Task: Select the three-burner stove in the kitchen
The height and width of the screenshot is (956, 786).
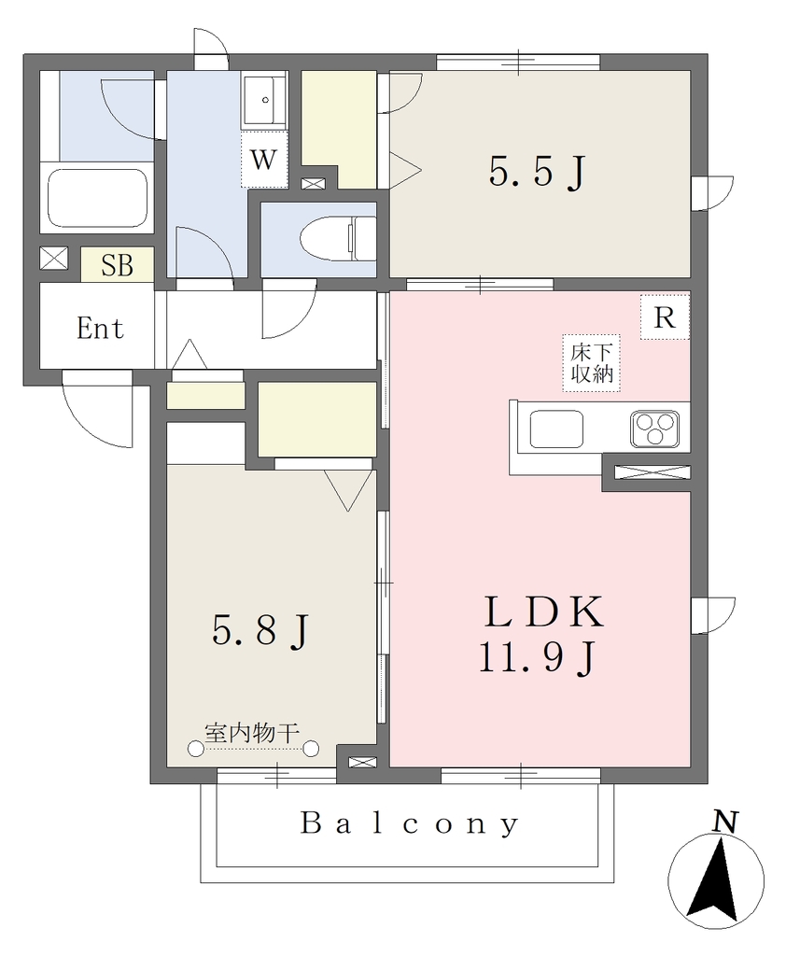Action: (655, 427)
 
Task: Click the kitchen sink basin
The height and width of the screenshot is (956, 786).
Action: (556, 429)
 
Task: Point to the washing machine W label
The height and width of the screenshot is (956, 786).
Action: (263, 160)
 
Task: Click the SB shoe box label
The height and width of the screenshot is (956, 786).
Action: (117, 265)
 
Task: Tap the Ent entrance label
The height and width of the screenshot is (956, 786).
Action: (100, 329)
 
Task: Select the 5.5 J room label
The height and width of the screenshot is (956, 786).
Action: (537, 172)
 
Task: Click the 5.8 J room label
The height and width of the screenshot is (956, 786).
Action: (260, 630)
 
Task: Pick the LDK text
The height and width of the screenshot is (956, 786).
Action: (544, 612)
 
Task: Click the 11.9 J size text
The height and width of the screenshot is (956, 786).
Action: (536, 657)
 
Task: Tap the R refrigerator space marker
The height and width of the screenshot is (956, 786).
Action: (665, 317)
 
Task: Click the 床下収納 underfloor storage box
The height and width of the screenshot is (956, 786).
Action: (592, 363)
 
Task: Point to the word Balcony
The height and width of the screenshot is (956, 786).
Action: (409, 824)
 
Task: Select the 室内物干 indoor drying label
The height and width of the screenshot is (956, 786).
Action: (251, 733)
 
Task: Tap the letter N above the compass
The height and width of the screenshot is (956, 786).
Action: (725, 822)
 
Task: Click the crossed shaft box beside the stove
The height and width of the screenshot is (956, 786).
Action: (653, 471)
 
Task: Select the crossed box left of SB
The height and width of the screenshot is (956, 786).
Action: (54, 259)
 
